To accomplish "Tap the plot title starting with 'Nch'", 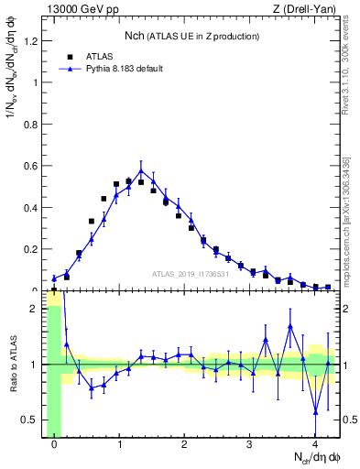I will pyautogui.click(x=191, y=36).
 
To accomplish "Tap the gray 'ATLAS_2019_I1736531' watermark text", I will pyautogui.click(x=190, y=274).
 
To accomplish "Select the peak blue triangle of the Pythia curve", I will pyautogui.click(x=141, y=171).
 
